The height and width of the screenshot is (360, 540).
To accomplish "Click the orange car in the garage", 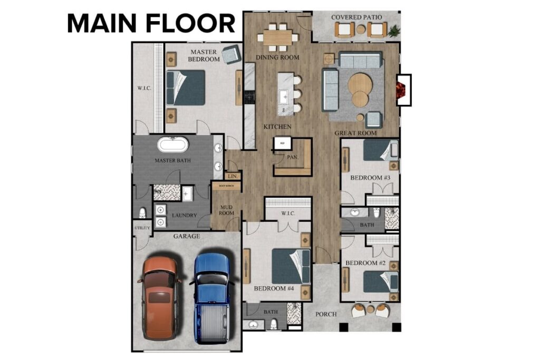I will tap(160, 298).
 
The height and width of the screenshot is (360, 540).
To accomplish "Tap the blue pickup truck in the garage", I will tap(213, 298).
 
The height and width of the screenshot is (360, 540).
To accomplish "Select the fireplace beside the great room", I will tap(403, 90).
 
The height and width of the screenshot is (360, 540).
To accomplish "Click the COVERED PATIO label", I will tap(356, 17).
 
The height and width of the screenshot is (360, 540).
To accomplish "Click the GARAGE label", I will tap(187, 237).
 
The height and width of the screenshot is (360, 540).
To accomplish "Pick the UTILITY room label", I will tap(142, 228).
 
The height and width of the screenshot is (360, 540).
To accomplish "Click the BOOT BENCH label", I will tap(226, 186).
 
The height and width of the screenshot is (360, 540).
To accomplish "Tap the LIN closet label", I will tap(232, 177).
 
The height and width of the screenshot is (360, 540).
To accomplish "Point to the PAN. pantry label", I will tap(293, 157).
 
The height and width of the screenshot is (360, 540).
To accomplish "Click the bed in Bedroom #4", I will tap(291, 266).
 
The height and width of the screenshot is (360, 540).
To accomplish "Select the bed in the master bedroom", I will tap(185, 87).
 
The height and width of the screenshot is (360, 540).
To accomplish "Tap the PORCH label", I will tap(326, 315).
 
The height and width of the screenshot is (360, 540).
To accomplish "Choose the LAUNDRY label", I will tap(184, 216).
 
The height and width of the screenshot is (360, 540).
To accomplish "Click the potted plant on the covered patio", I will tap(393, 31).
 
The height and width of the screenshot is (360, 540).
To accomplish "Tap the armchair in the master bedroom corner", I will tap(230, 54).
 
